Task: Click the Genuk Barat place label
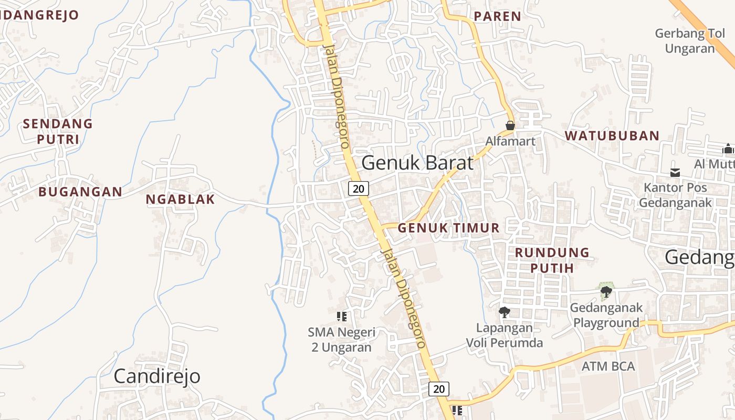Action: pyautogui.click(x=417, y=163)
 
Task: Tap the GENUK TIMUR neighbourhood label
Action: pyautogui.click(x=448, y=228)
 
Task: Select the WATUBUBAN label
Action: pyautogui.click(x=612, y=135)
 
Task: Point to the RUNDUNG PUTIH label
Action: pyautogui.click(x=552, y=260)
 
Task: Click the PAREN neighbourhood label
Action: pyautogui.click(x=497, y=16)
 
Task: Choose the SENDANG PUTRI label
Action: pyautogui.click(x=58, y=131)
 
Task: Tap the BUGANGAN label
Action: pyautogui.click(x=80, y=192)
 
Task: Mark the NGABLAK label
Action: pyautogui.click(x=180, y=199)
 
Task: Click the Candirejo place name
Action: pyautogui.click(x=157, y=376)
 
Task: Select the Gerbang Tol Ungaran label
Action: pyautogui.click(x=690, y=41)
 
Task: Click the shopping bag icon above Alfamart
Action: pyautogui.click(x=510, y=125)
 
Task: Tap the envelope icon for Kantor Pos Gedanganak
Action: pyautogui.click(x=675, y=173)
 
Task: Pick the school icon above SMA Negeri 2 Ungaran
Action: pyautogui.click(x=342, y=316)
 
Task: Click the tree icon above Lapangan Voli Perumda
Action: pyautogui.click(x=505, y=312)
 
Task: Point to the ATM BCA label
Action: pyautogui.click(x=608, y=366)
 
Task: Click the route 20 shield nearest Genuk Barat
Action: pyautogui.click(x=359, y=188)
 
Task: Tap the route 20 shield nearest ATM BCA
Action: pyautogui.click(x=439, y=389)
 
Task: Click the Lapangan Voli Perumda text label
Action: pyautogui.click(x=505, y=335)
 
